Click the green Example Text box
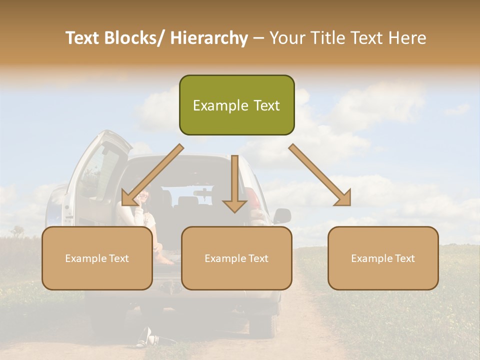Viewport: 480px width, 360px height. (236, 105)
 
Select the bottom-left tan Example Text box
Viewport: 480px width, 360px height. (97, 258)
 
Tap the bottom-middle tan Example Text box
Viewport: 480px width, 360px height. (236, 258)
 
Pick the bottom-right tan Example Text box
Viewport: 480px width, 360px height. (383, 258)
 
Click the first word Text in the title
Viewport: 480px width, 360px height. (84, 38)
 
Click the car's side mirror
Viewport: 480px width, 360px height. (282, 216)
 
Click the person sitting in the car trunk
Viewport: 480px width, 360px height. (145, 220)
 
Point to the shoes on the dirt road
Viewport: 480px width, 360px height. (146, 337)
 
